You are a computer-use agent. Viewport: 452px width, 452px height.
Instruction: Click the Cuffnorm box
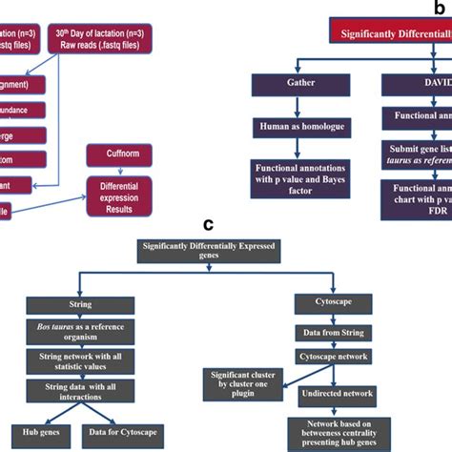point(115,154)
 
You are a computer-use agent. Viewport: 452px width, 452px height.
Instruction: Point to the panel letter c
point(207,226)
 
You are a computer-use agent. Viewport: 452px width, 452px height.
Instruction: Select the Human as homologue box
point(294,127)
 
